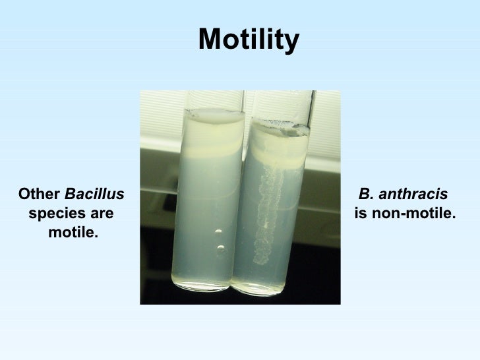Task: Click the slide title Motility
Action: [x=249, y=40]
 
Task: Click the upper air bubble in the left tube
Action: [x=217, y=232]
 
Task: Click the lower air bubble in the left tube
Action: [x=220, y=249]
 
